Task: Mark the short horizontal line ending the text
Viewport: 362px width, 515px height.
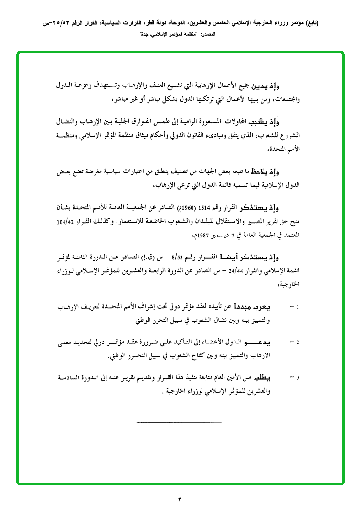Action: [x=179, y=422]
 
